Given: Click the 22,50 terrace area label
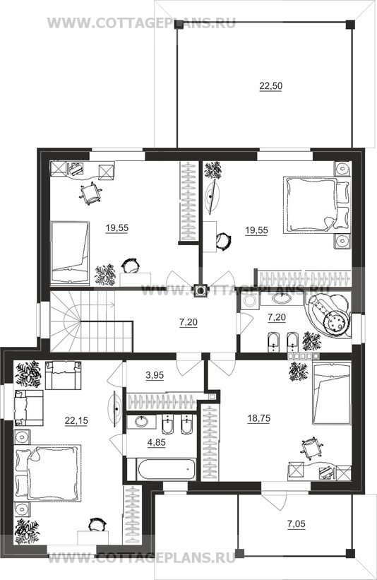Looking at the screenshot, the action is click(x=270, y=86).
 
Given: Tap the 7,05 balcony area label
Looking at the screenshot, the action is click(x=297, y=523).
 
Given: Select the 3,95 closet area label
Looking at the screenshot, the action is click(x=155, y=375).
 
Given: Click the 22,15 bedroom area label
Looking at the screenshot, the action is click(x=76, y=420).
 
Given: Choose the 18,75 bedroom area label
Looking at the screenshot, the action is click(x=258, y=418).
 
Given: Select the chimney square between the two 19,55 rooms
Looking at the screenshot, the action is click(x=201, y=291).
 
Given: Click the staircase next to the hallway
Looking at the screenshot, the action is click(x=91, y=321).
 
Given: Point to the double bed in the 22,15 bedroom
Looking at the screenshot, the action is click(x=47, y=473).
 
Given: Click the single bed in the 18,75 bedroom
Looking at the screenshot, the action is click(x=332, y=393).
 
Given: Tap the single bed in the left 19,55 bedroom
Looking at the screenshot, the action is click(x=70, y=253).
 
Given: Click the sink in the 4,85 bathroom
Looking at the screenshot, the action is click(x=140, y=421).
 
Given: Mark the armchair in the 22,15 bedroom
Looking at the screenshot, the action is click(x=62, y=375).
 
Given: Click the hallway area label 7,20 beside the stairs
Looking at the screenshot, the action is click(x=188, y=322).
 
